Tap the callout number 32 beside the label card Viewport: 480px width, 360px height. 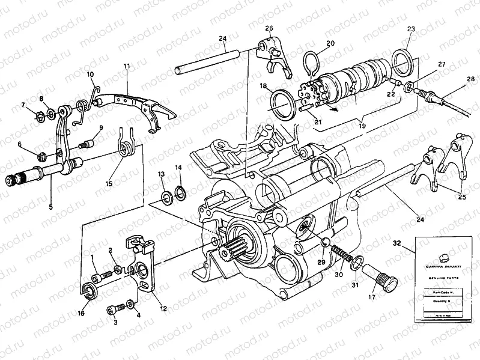(x=413, y=243)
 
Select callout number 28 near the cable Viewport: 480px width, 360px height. (x=470, y=78)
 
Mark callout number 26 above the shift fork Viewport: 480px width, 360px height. (x=269, y=28)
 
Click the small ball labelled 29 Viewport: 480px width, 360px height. (x=324, y=242)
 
